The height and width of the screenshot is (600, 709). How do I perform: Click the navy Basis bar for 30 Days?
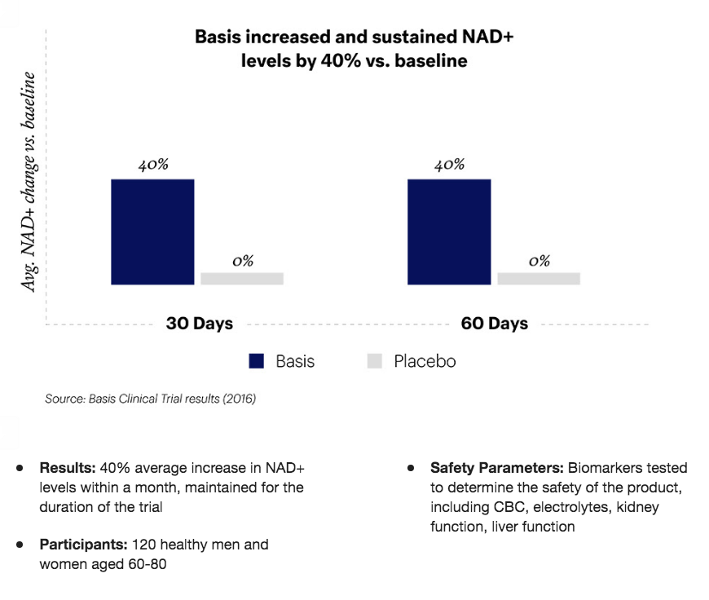point(152,232)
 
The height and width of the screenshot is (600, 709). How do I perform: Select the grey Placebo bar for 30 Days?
point(242,279)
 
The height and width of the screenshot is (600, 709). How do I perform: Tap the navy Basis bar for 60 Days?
point(449,232)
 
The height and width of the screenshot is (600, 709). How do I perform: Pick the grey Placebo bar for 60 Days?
point(539,279)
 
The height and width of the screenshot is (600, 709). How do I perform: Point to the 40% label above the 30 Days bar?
point(152,165)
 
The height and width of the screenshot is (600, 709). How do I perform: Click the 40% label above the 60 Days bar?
point(449,165)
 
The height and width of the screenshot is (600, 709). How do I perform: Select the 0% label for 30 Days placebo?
point(242,261)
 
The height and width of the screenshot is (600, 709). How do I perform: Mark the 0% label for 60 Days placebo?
point(539,261)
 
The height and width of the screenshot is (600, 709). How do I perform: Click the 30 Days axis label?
point(200,324)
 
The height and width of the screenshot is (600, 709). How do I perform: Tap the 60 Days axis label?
point(495,324)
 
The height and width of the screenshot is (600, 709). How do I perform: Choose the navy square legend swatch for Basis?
point(258,361)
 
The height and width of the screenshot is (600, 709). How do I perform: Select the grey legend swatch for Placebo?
point(375,361)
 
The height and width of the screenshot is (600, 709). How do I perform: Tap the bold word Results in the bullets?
point(68,469)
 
